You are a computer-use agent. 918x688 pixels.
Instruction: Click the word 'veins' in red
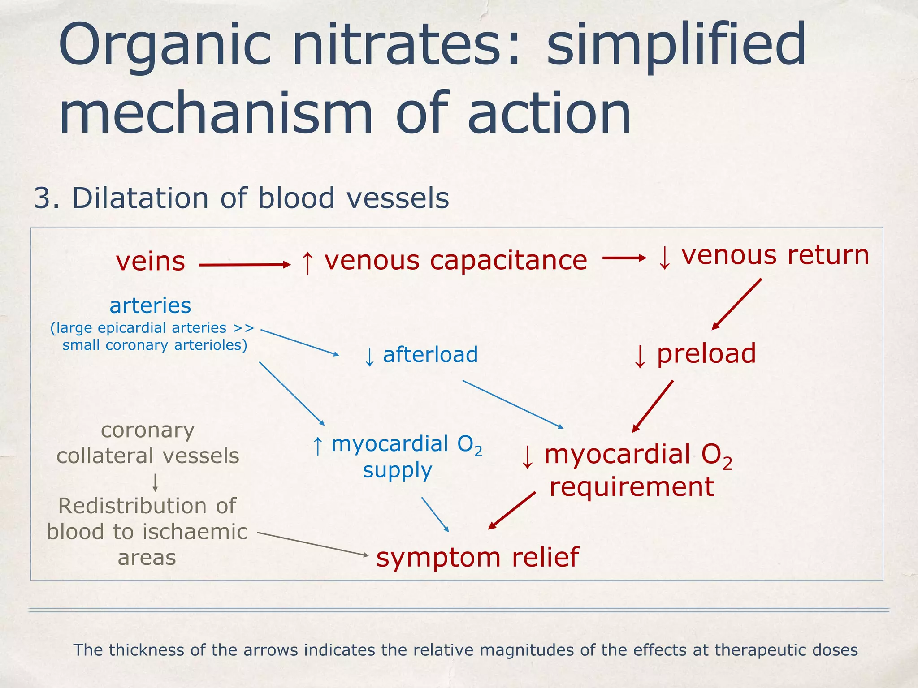[x=150, y=262]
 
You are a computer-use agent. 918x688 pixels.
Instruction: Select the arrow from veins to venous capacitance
[x=244, y=265]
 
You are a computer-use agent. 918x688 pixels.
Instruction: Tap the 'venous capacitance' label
[x=455, y=261]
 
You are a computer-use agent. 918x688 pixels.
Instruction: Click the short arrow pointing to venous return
[x=624, y=258]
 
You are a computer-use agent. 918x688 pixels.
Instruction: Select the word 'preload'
[x=706, y=353]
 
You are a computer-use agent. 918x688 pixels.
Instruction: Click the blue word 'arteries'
[x=150, y=306]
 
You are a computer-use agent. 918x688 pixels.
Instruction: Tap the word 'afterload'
[x=430, y=355]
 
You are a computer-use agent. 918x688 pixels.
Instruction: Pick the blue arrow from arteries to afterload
[x=299, y=342]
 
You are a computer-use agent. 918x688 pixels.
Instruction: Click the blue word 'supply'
[x=397, y=471]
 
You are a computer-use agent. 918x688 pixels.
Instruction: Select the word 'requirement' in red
[x=632, y=487]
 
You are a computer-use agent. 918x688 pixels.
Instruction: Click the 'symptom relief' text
[x=477, y=557]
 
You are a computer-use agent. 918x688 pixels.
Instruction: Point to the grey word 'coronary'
[x=147, y=431]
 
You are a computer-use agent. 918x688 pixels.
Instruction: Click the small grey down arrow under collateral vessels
[x=155, y=482]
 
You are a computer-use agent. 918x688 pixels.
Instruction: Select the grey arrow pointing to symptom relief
[x=312, y=544]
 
